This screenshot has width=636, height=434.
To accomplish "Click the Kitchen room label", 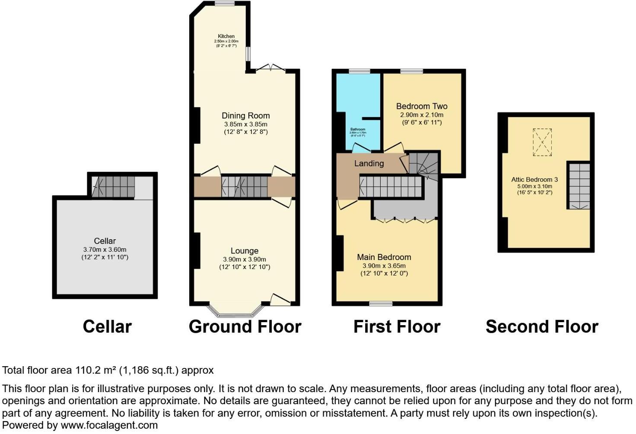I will [226, 36].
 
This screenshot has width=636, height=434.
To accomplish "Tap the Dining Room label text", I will [245, 116].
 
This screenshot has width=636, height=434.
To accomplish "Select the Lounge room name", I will [245, 251].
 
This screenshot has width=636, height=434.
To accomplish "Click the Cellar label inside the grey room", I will [105, 241].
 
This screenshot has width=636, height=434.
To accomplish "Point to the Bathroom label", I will [358, 130].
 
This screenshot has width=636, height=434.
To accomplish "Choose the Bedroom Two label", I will [422, 106].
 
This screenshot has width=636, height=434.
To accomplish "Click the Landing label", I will [369, 163].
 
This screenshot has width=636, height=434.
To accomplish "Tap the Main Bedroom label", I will [384, 257].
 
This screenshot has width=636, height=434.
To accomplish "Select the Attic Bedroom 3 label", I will [534, 180].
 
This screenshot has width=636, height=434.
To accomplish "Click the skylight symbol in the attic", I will [542, 142].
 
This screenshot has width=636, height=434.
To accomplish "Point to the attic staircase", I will [578, 186].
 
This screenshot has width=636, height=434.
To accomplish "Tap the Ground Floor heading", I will [245, 327].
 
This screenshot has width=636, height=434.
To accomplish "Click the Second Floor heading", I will [542, 327].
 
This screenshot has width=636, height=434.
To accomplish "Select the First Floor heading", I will [397, 327].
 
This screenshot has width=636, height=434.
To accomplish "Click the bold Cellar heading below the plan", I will [107, 327].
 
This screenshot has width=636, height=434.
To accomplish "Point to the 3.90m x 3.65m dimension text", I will [384, 266].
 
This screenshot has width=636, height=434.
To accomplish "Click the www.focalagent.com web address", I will [109, 425].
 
